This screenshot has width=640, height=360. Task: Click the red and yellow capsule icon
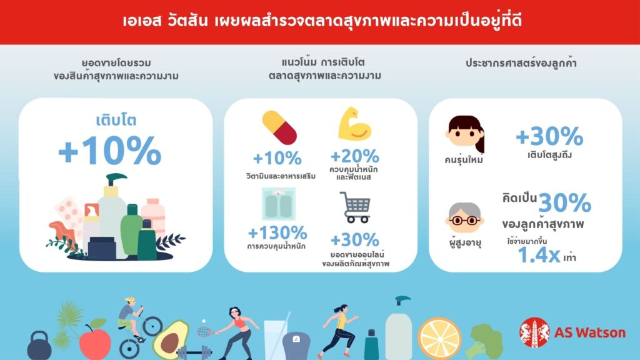(x=279, y=127)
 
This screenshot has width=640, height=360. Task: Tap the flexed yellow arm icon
(x=354, y=124)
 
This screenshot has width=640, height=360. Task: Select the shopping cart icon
(x=355, y=207)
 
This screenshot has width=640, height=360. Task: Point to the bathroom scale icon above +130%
(x=278, y=204)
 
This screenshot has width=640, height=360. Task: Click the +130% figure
(x=277, y=233)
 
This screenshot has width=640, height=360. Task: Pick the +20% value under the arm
(x=355, y=156)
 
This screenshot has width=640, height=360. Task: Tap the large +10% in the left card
(x=110, y=151)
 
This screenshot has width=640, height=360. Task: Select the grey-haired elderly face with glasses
(x=465, y=217)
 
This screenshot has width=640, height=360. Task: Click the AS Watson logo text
(x=590, y=332)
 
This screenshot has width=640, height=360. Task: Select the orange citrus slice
(x=439, y=339)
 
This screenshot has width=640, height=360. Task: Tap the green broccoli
(x=484, y=342)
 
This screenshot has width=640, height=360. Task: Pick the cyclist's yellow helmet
(x=130, y=300)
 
